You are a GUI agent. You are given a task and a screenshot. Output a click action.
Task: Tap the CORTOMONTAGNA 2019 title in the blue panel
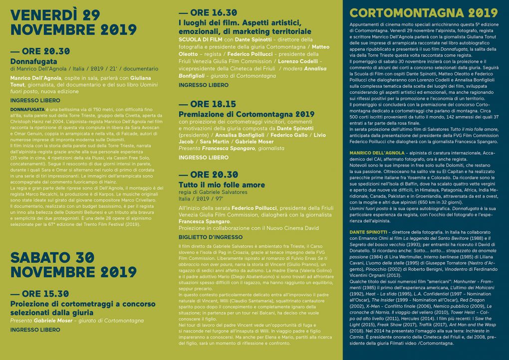coord(424,13)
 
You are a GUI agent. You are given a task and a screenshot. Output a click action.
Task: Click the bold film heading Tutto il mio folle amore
coord(222,184)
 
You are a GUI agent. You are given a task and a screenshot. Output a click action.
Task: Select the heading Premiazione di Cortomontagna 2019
coord(246,114)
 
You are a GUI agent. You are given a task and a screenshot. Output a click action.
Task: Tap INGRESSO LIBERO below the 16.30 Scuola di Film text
coord(203,85)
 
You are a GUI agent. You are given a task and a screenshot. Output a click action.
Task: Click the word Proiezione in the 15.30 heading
coord(31,303)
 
